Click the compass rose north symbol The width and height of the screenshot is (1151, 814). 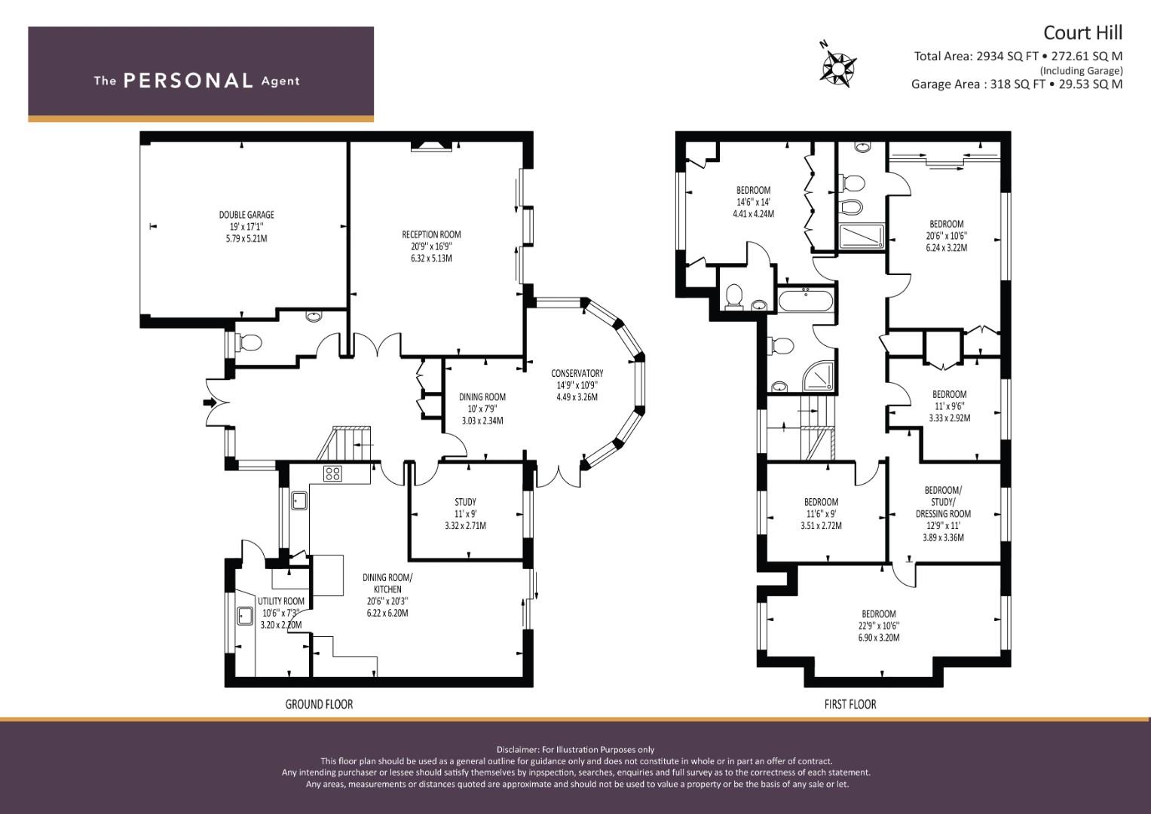click(837, 66)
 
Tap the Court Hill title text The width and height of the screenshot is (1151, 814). click(1082, 33)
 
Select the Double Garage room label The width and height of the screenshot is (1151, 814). click(246, 215)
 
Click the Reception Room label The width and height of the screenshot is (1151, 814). click(431, 234)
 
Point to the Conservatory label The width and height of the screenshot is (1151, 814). click(577, 373)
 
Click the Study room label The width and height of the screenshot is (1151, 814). click(466, 501)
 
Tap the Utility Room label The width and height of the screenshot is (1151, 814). click(281, 601)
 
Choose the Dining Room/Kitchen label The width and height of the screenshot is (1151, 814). click(387, 583)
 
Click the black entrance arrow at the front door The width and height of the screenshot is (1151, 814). click(210, 402)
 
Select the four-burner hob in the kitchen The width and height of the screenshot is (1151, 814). click(332, 473)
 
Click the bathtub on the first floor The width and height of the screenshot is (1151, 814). click(805, 301)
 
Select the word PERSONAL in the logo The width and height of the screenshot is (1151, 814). click(188, 81)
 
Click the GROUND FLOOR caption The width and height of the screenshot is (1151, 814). click(319, 704)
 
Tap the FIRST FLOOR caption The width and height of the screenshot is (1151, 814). click(850, 704)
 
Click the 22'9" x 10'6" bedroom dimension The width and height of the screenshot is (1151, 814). click(879, 626)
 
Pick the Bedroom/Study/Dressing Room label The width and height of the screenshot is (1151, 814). click(943, 501)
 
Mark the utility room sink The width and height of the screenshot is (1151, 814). click(245, 616)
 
